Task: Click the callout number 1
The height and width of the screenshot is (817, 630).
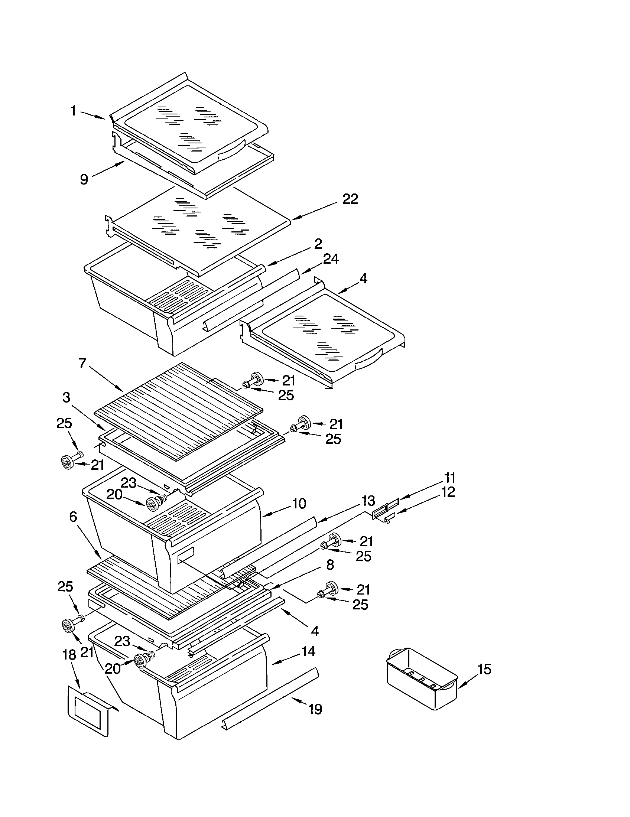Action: tap(74, 111)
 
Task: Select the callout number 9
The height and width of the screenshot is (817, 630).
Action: tap(84, 180)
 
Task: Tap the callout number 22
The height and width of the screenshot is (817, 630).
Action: tap(350, 199)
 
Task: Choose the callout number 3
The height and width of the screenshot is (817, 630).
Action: tap(66, 397)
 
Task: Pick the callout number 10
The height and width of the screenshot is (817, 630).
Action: tap(299, 504)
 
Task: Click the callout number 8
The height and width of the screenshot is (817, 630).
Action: tap(329, 565)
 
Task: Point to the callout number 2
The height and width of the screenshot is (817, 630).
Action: tap(318, 244)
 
